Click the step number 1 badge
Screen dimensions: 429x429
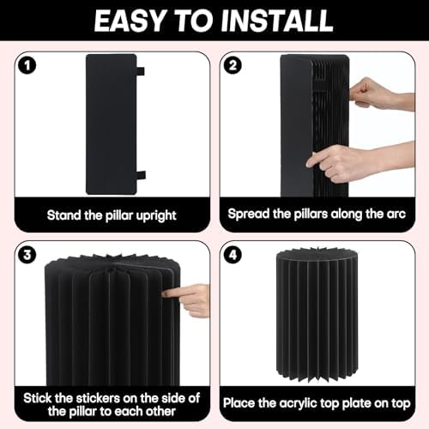point(27,66)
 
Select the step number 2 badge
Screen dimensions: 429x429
point(233,66)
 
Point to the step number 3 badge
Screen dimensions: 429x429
point(27,255)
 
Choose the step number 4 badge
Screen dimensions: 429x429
point(233,255)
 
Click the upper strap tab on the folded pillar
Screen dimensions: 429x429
point(141,71)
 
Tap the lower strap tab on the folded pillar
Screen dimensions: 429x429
point(141,176)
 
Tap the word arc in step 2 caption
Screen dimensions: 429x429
point(396,214)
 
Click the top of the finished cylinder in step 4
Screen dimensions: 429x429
point(317,255)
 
